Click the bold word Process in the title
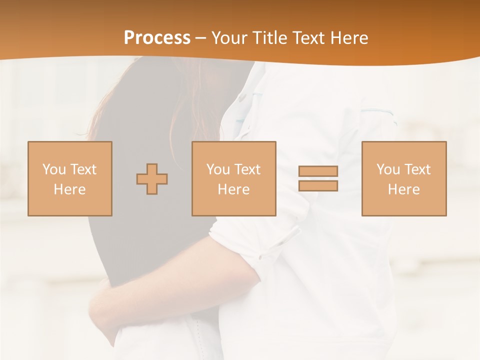[x=157, y=38]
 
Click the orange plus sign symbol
[x=152, y=179]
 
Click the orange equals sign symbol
[x=318, y=178]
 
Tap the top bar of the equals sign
[x=318, y=171]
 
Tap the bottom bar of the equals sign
[x=318, y=185]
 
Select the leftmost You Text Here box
[x=69, y=178]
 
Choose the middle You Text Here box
[x=233, y=178]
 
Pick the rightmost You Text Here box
[x=403, y=178]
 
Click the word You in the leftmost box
[x=53, y=169]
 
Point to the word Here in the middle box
[x=233, y=189]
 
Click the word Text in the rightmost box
[x=417, y=169]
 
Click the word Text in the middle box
[x=247, y=169]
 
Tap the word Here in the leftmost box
[x=69, y=189]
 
